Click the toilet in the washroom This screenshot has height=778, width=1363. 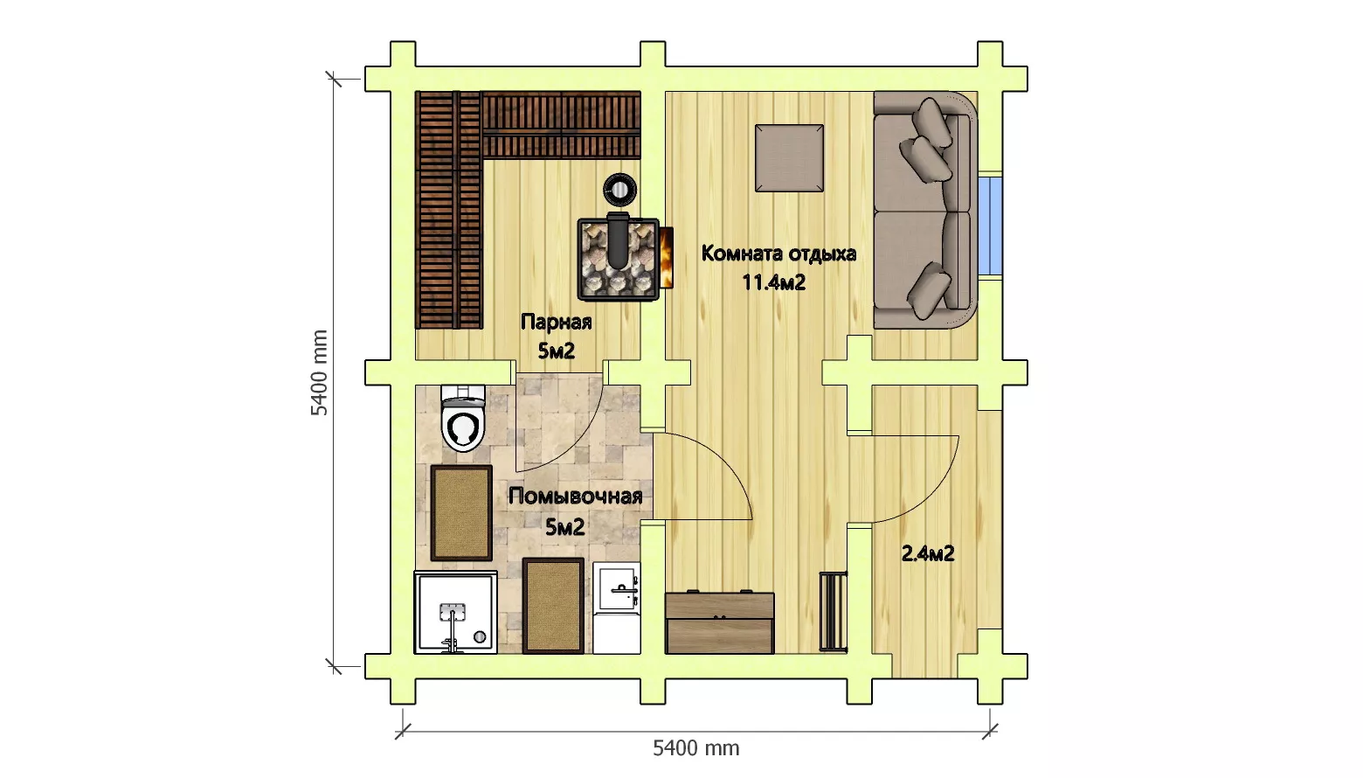pyautogui.click(x=463, y=418)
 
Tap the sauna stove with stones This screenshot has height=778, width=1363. pyautogui.click(x=619, y=260)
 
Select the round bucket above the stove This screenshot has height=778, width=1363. pyautogui.click(x=620, y=190)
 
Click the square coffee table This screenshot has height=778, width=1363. pyautogui.click(x=789, y=158)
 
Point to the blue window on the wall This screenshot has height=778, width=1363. pyautogui.click(x=990, y=226)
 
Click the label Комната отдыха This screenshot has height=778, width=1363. pyautogui.click(x=778, y=254)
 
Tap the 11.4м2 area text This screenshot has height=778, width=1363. pyautogui.click(x=773, y=282)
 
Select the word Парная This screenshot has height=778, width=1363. pyautogui.click(x=557, y=322)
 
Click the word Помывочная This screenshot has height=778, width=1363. pyautogui.click(x=575, y=497)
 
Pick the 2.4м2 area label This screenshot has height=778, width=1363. pyautogui.click(x=927, y=554)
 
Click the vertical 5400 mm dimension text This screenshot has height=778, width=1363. pyautogui.click(x=320, y=372)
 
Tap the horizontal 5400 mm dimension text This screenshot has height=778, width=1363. pyautogui.click(x=696, y=748)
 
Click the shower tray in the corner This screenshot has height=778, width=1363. pyautogui.click(x=455, y=613)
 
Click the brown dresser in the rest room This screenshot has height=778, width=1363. pyautogui.click(x=719, y=622)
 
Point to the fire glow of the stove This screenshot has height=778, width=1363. pyautogui.click(x=667, y=258)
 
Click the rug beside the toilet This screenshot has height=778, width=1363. pyautogui.click(x=461, y=513)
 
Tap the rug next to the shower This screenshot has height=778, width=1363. pyautogui.click(x=553, y=606)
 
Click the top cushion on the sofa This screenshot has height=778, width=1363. pyautogui.click(x=933, y=122)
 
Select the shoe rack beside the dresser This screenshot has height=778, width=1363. pyautogui.click(x=833, y=610)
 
